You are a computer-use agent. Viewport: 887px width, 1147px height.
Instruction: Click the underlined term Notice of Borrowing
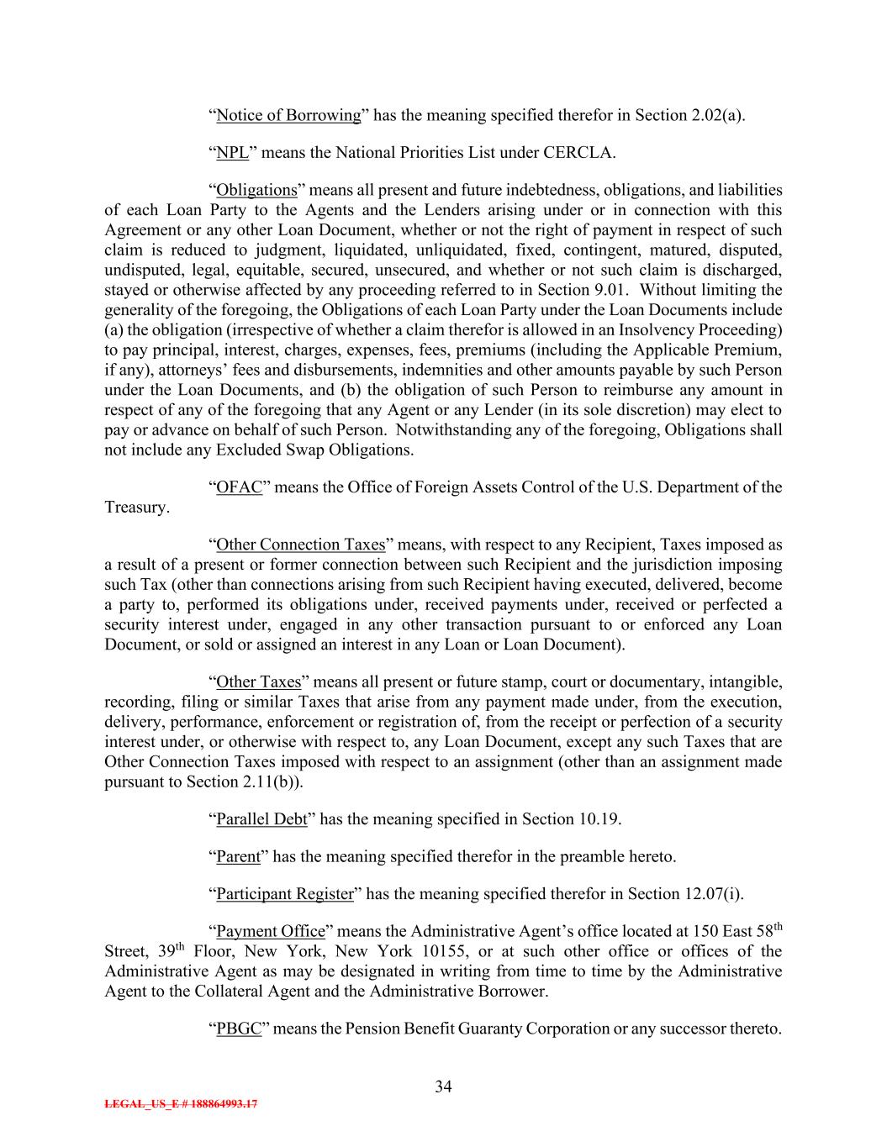[288, 115]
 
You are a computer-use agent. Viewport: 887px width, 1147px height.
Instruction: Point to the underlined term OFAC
[240, 487]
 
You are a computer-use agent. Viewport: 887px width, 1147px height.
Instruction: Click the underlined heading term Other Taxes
[258, 681]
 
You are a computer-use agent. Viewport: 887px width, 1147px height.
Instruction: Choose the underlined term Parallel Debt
[261, 818]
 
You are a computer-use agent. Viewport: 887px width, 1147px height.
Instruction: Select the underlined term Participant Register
[285, 893]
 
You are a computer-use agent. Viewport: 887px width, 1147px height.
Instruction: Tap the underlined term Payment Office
[270, 931]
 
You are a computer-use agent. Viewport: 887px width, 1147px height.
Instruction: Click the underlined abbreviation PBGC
[239, 1028]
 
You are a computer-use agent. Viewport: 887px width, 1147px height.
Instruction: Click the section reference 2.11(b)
[273, 781]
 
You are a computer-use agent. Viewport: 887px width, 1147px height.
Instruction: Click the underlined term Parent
[238, 856]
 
